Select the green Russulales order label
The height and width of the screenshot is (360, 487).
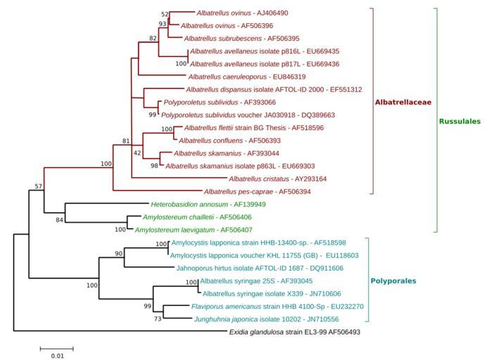460,121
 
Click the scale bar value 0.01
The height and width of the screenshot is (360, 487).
56,356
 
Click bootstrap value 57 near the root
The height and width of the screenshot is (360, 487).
39,186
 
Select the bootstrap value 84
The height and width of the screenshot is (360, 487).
59,221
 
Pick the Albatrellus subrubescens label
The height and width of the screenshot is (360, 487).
236,39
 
